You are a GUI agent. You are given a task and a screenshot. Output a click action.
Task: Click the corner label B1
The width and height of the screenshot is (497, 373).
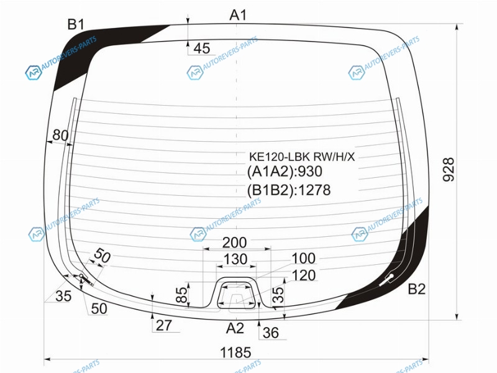75,24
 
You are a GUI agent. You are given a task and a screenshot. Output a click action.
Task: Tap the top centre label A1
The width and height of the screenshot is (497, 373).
238,15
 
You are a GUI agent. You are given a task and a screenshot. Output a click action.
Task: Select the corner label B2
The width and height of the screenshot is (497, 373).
416,289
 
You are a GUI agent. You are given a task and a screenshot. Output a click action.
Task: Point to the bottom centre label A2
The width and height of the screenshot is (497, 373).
235,328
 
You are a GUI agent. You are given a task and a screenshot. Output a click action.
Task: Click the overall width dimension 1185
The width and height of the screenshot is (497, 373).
235,352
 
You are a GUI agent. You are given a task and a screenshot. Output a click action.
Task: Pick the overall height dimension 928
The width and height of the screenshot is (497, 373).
449,169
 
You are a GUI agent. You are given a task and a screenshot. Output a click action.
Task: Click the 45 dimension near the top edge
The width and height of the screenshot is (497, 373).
201,48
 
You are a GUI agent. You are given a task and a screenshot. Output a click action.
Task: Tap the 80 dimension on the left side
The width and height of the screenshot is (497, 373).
60,135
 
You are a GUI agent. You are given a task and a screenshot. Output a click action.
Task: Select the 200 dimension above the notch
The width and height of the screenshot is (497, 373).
234,242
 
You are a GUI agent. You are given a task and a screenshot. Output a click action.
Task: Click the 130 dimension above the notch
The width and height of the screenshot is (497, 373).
235,259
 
